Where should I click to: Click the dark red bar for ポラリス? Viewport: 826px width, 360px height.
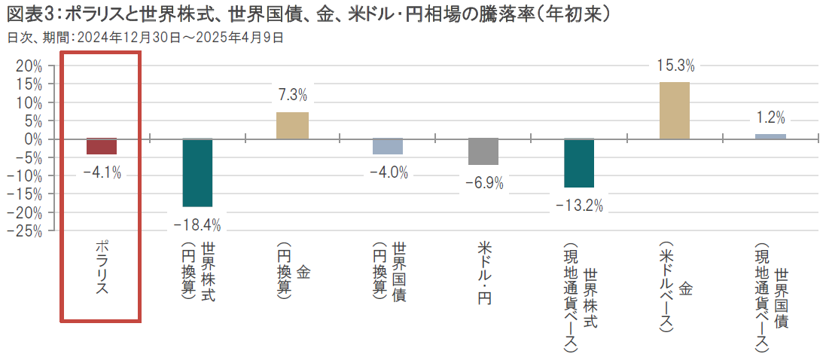102,146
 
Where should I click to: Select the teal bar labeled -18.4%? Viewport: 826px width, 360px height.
197,172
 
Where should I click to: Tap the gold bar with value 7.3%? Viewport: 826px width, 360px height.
292,126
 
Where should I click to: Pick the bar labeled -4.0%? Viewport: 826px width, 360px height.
388,146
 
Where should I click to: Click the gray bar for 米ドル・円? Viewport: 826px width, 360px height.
483,151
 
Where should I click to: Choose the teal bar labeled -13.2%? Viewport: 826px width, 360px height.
579,163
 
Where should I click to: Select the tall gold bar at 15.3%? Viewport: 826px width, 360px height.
674,111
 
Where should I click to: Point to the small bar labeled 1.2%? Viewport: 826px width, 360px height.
770,136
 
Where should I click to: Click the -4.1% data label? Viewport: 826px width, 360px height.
102,172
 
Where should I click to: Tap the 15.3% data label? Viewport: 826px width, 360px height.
675,66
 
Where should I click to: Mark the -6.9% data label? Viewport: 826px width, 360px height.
483,182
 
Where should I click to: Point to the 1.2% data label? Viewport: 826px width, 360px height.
770,117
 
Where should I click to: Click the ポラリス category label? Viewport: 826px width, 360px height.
102,268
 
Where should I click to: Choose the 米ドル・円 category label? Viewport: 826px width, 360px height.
483,274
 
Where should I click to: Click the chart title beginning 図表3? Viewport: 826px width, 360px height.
309,14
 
